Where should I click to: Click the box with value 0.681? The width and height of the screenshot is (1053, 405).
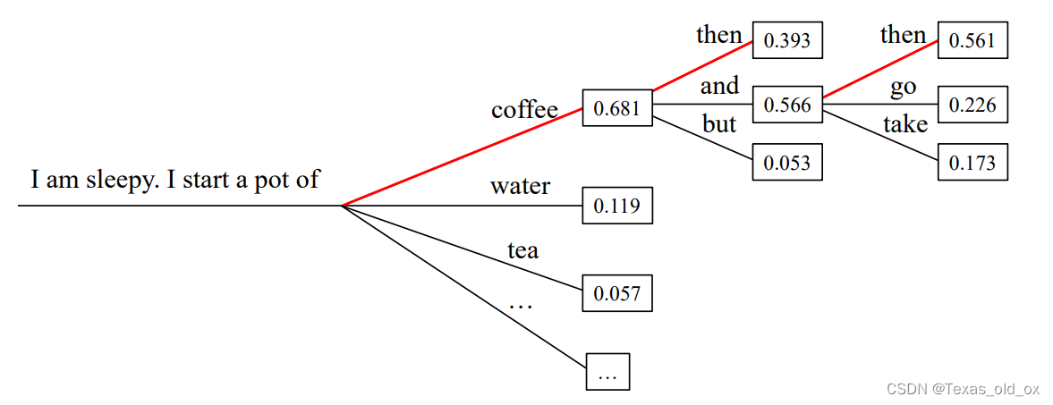coord(617,108)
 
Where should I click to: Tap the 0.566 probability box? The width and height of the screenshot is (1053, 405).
coord(787,105)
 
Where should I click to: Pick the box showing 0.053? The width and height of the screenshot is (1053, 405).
coord(787,163)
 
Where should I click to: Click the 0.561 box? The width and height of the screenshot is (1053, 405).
coord(972,40)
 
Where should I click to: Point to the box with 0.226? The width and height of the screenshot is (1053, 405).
coord(972,105)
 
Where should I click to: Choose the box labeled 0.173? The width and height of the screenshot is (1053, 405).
coord(972,164)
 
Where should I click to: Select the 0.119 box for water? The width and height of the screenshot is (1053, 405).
coord(617,206)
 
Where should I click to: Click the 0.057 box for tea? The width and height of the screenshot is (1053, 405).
coord(617,292)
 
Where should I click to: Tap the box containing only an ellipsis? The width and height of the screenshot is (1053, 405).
coord(607,372)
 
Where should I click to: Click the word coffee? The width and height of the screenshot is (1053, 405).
coord(524,110)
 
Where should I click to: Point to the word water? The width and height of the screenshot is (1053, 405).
coord(520,187)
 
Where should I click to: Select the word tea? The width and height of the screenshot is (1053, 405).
coord(522,250)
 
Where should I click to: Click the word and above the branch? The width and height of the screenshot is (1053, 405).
coord(719,86)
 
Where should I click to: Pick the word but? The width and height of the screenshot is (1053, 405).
coord(718,123)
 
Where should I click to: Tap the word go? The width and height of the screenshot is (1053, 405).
coord(903,87)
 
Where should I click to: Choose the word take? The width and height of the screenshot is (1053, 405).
coord(905,124)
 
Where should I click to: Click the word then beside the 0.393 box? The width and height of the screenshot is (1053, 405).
coord(719,35)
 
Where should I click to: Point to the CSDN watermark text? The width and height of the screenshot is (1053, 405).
coord(962,388)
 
